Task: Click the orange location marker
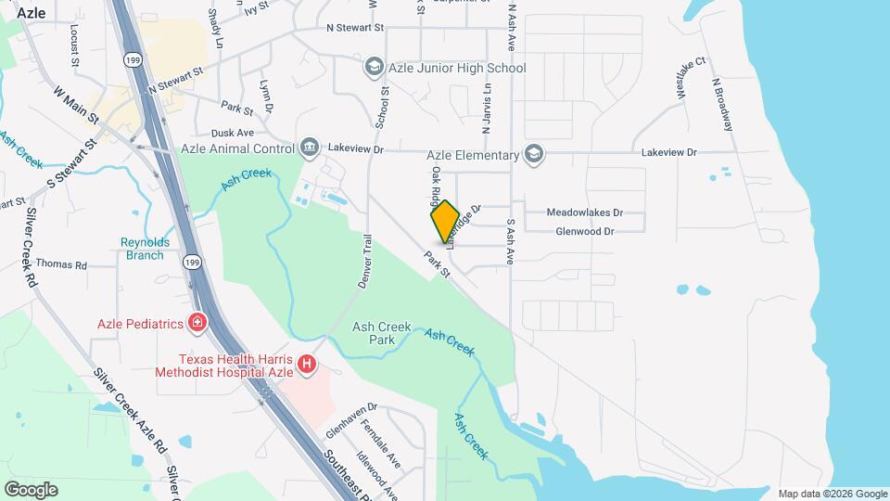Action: (446, 222)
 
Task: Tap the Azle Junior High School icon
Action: (374, 68)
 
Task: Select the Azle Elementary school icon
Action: (533, 154)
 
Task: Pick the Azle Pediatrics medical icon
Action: (197, 323)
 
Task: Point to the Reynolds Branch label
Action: (146, 249)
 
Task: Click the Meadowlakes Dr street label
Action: (584, 212)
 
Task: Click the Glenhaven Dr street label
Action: (352, 420)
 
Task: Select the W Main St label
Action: (76, 107)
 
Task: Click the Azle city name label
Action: (32, 13)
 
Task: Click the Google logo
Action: (31, 489)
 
